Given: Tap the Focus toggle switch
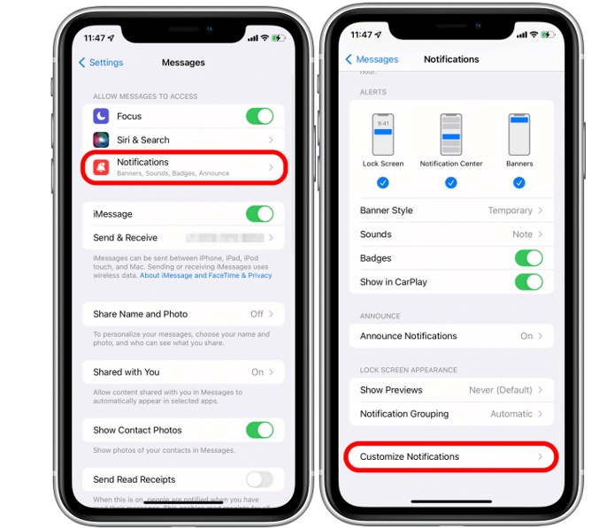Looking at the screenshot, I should (259, 117).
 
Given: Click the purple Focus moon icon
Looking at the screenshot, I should (102, 117).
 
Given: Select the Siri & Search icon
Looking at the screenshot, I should (102, 140).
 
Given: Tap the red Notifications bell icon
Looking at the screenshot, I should (102, 166).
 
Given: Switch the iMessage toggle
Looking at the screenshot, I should (259, 214).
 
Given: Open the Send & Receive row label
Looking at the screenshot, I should (125, 238).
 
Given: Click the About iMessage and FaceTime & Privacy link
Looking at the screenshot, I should (205, 275).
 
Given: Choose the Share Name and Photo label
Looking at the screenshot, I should (140, 314).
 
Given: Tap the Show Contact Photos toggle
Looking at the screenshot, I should (259, 430).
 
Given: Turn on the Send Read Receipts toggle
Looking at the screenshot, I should (259, 479).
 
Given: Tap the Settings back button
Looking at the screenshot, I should (102, 63).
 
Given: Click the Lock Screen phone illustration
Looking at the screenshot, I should (383, 134).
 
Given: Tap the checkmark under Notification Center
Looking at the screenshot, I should (451, 183).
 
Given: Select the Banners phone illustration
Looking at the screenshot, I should (519, 134).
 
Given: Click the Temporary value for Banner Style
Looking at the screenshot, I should (510, 210).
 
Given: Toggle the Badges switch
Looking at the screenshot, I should (528, 258).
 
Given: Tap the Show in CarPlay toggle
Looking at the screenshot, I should (528, 282).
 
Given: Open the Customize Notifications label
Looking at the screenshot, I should (410, 456).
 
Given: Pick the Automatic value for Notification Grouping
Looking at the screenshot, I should (511, 414).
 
